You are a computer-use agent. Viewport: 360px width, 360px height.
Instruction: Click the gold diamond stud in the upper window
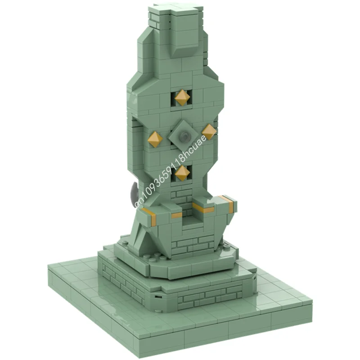[x=182, y=97]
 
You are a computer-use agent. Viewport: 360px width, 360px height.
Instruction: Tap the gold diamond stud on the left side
[x=155, y=139]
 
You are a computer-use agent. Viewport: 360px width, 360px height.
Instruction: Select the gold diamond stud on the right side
[x=209, y=131]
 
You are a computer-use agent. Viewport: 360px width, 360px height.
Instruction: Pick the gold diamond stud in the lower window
[x=182, y=173]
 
